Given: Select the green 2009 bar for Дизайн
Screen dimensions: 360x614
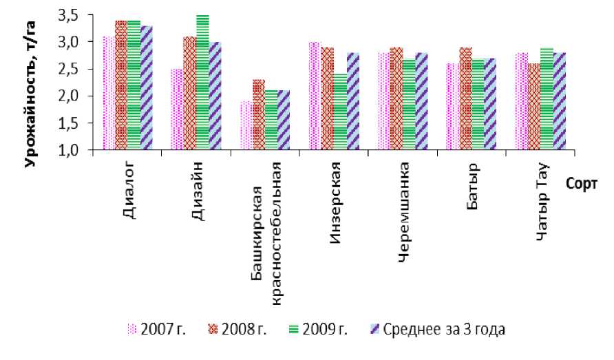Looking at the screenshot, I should pyautogui.click(x=202, y=83).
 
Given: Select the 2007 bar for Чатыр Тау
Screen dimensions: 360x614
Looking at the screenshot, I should pyautogui.click(x=522, y=101).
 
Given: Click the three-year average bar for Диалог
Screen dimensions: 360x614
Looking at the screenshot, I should pyautogui.click(x=147, y=88).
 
